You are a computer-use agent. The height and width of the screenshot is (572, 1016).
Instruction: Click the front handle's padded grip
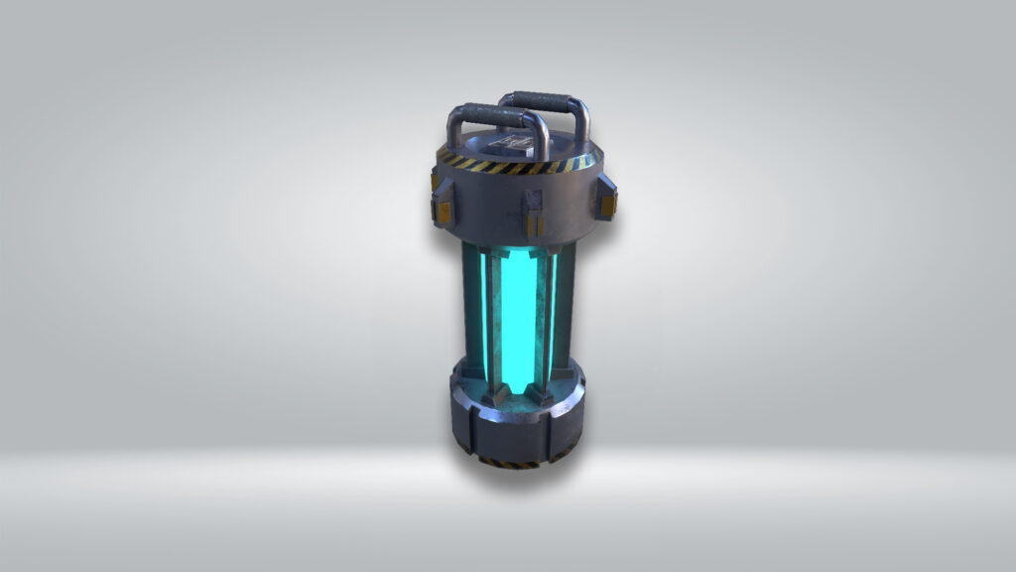click(496, 112)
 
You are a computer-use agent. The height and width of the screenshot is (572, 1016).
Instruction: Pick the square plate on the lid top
click(517, 145)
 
